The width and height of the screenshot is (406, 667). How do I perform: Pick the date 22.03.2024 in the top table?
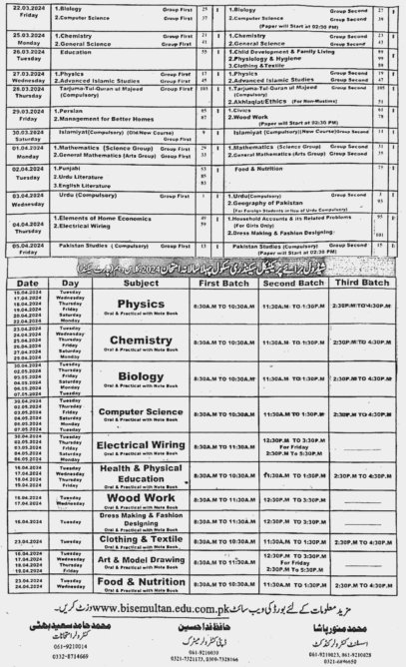coord(26,10)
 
